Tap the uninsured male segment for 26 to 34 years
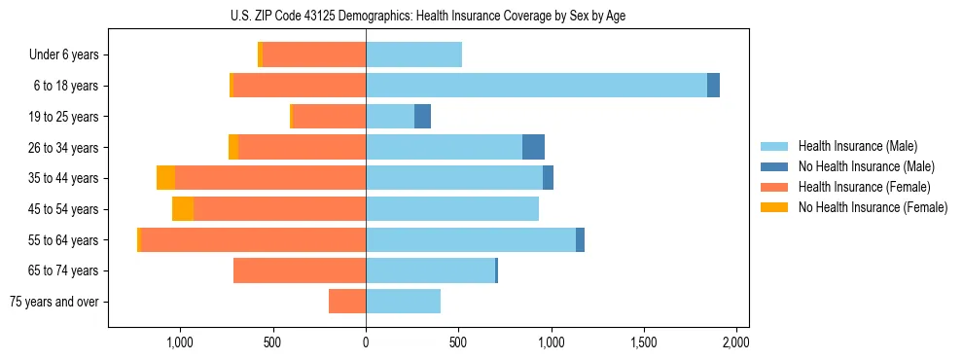(x=533, y=147)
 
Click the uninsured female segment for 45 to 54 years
(x=183, y=209)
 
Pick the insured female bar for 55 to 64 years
(x=253, y=239)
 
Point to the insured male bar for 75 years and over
(x=403, y=302)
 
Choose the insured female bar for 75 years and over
(x=347, y=302)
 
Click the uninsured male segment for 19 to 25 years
(x=422, y=117)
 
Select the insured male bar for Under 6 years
(x=413, y=54)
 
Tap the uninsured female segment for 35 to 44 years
(x=165, y=178)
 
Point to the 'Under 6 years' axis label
(x=64, y=54)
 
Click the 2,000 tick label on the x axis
(x=736, y=342)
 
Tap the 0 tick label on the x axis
(x=366, y=342)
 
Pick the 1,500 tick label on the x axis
(x=644, y=342)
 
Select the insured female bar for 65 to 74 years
(x=300, y=270)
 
